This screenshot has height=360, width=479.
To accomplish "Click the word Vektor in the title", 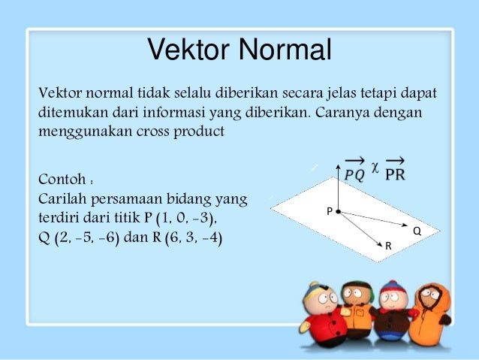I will [188, 50].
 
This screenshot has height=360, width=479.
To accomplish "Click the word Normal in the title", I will [285, 50].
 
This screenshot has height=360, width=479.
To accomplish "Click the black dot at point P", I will [339, 212].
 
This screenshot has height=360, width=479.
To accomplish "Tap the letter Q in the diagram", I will [417, 232].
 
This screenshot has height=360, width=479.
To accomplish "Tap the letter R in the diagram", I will [388, 246].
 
